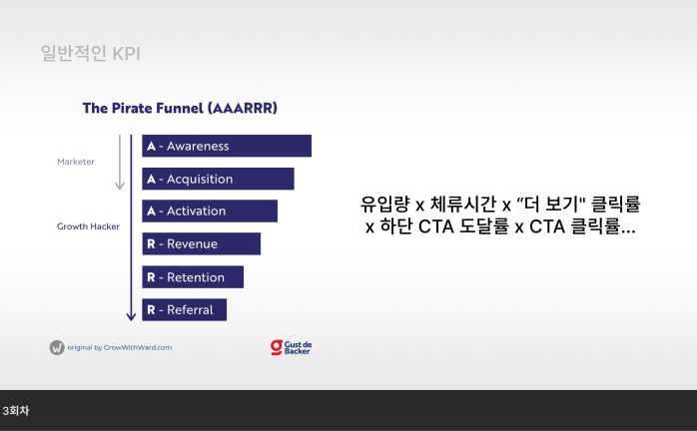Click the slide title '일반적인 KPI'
pos(90,53)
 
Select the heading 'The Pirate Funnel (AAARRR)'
pos(180,108)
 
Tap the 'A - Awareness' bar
pos(227,146)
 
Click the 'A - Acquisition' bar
pos(218,179)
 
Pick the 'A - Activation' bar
pos(210,212)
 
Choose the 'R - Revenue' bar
pos(201,244)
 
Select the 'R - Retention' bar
pos(193,277)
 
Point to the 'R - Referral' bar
pos(184,310)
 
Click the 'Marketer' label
pos(76,161)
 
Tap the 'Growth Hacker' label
pos(88,226)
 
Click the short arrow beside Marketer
pos(120,162)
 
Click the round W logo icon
pos(57,347)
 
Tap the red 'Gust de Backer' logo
pos(291,347)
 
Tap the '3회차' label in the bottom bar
pos(17,410)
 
